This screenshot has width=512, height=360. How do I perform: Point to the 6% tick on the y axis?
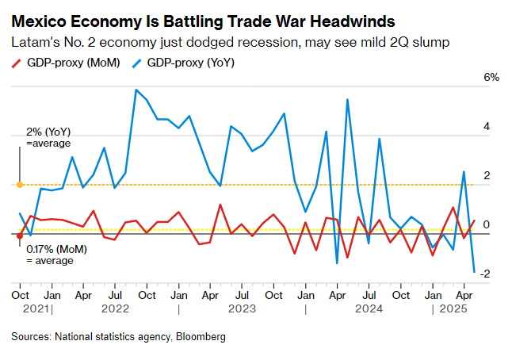pos(491,78)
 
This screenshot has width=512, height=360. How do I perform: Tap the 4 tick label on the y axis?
pos(487,127)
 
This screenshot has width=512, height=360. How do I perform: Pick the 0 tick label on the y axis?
pos(487,225)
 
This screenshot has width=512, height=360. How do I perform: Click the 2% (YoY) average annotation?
pos(48,137)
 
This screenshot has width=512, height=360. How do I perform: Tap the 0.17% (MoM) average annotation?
pos(55,255)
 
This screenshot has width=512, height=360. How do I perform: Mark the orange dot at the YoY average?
pos(19,185)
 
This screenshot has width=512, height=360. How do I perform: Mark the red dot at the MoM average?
pos(19,235)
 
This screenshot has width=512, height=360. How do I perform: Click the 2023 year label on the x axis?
pos(243,309)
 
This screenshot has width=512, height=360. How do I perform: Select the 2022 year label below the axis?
pos(115,309)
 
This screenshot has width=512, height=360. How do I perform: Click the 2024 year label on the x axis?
pos(370,309)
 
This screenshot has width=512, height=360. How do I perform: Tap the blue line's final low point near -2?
pos(474,273)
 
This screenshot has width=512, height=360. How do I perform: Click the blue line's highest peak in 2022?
pos(136,90)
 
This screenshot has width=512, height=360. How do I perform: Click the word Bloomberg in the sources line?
pos(201,337)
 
